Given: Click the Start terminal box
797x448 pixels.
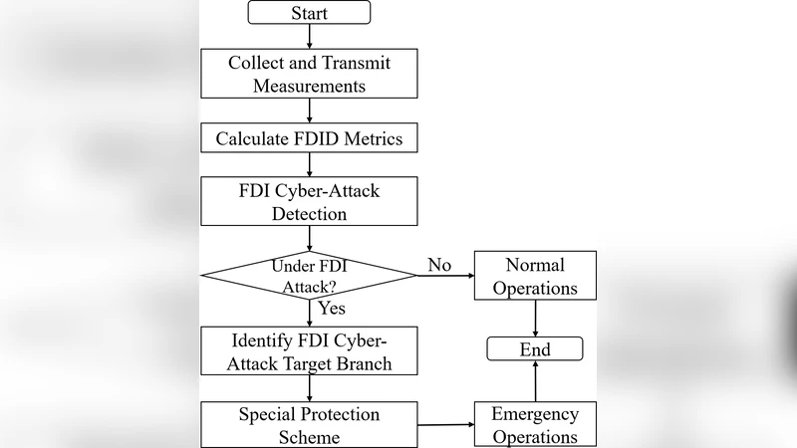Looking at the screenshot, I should click(x=310, y=13).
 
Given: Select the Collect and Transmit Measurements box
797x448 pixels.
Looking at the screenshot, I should click(x=310, y=74).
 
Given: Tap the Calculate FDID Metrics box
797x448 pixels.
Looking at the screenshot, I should click(x=310, y=138).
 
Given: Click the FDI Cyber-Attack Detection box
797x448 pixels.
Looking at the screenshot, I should click(x=310, y=201).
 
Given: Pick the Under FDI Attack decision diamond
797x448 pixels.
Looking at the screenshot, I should click(x=310, y=275).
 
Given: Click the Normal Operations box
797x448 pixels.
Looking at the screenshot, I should click(x=536, y=276).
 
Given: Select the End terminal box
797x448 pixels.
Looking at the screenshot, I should click(x=536, y=349).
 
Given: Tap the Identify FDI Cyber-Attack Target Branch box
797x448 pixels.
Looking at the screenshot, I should click(x=310, y=350).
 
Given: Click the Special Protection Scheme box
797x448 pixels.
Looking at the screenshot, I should click(x=310, y=425).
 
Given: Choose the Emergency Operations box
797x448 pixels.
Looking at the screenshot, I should click(x=536, y=425).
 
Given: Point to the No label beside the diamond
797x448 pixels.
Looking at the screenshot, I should click(x=439, y=265).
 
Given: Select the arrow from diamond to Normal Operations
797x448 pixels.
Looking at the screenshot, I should click(x=445, y=276).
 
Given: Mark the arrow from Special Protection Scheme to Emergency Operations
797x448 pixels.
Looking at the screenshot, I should click(x=445, y=425).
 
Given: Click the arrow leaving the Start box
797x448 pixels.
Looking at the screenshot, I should click(x=310, y=36).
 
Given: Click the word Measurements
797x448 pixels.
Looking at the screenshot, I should click(x=310, y=86).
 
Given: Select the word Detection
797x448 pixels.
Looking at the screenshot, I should click(x=310, y=213).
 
